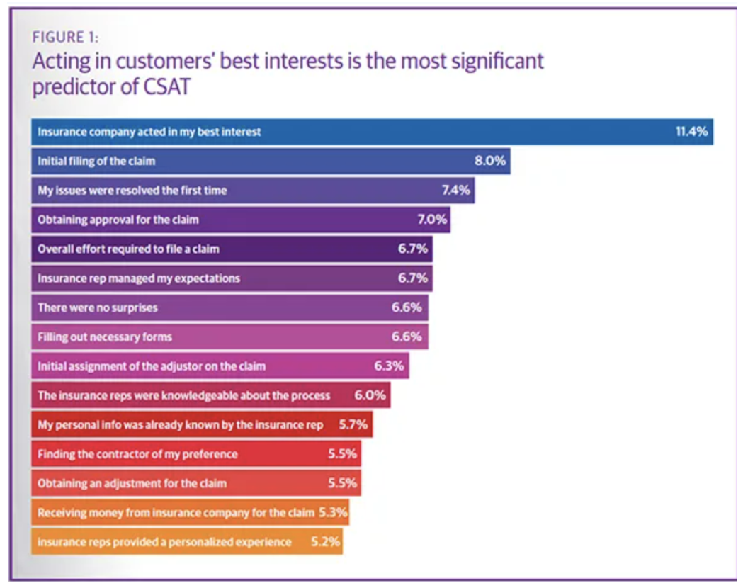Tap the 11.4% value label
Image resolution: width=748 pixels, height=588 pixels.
point(691,132)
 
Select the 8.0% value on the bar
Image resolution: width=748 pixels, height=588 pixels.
point(490,162)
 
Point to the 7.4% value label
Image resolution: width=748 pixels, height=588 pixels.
point(455,191)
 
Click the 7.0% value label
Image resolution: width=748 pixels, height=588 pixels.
point(431,220)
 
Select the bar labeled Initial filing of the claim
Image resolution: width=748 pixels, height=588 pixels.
point(269,162)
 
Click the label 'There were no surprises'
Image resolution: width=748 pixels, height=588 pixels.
point(98,307)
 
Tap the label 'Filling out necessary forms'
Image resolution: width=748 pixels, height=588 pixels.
point(104,337)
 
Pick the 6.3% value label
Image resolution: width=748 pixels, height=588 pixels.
point(389,366)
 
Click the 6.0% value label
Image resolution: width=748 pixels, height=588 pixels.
point(370,395)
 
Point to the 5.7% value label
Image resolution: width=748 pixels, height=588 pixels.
point(353,424)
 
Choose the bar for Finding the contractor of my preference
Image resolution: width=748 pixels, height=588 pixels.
point(195,453)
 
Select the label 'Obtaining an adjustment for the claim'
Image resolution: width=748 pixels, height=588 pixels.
point(132,483)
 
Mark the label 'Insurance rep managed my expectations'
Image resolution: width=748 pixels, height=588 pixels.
point(138,278)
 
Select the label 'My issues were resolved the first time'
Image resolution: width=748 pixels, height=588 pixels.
point(132,191)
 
